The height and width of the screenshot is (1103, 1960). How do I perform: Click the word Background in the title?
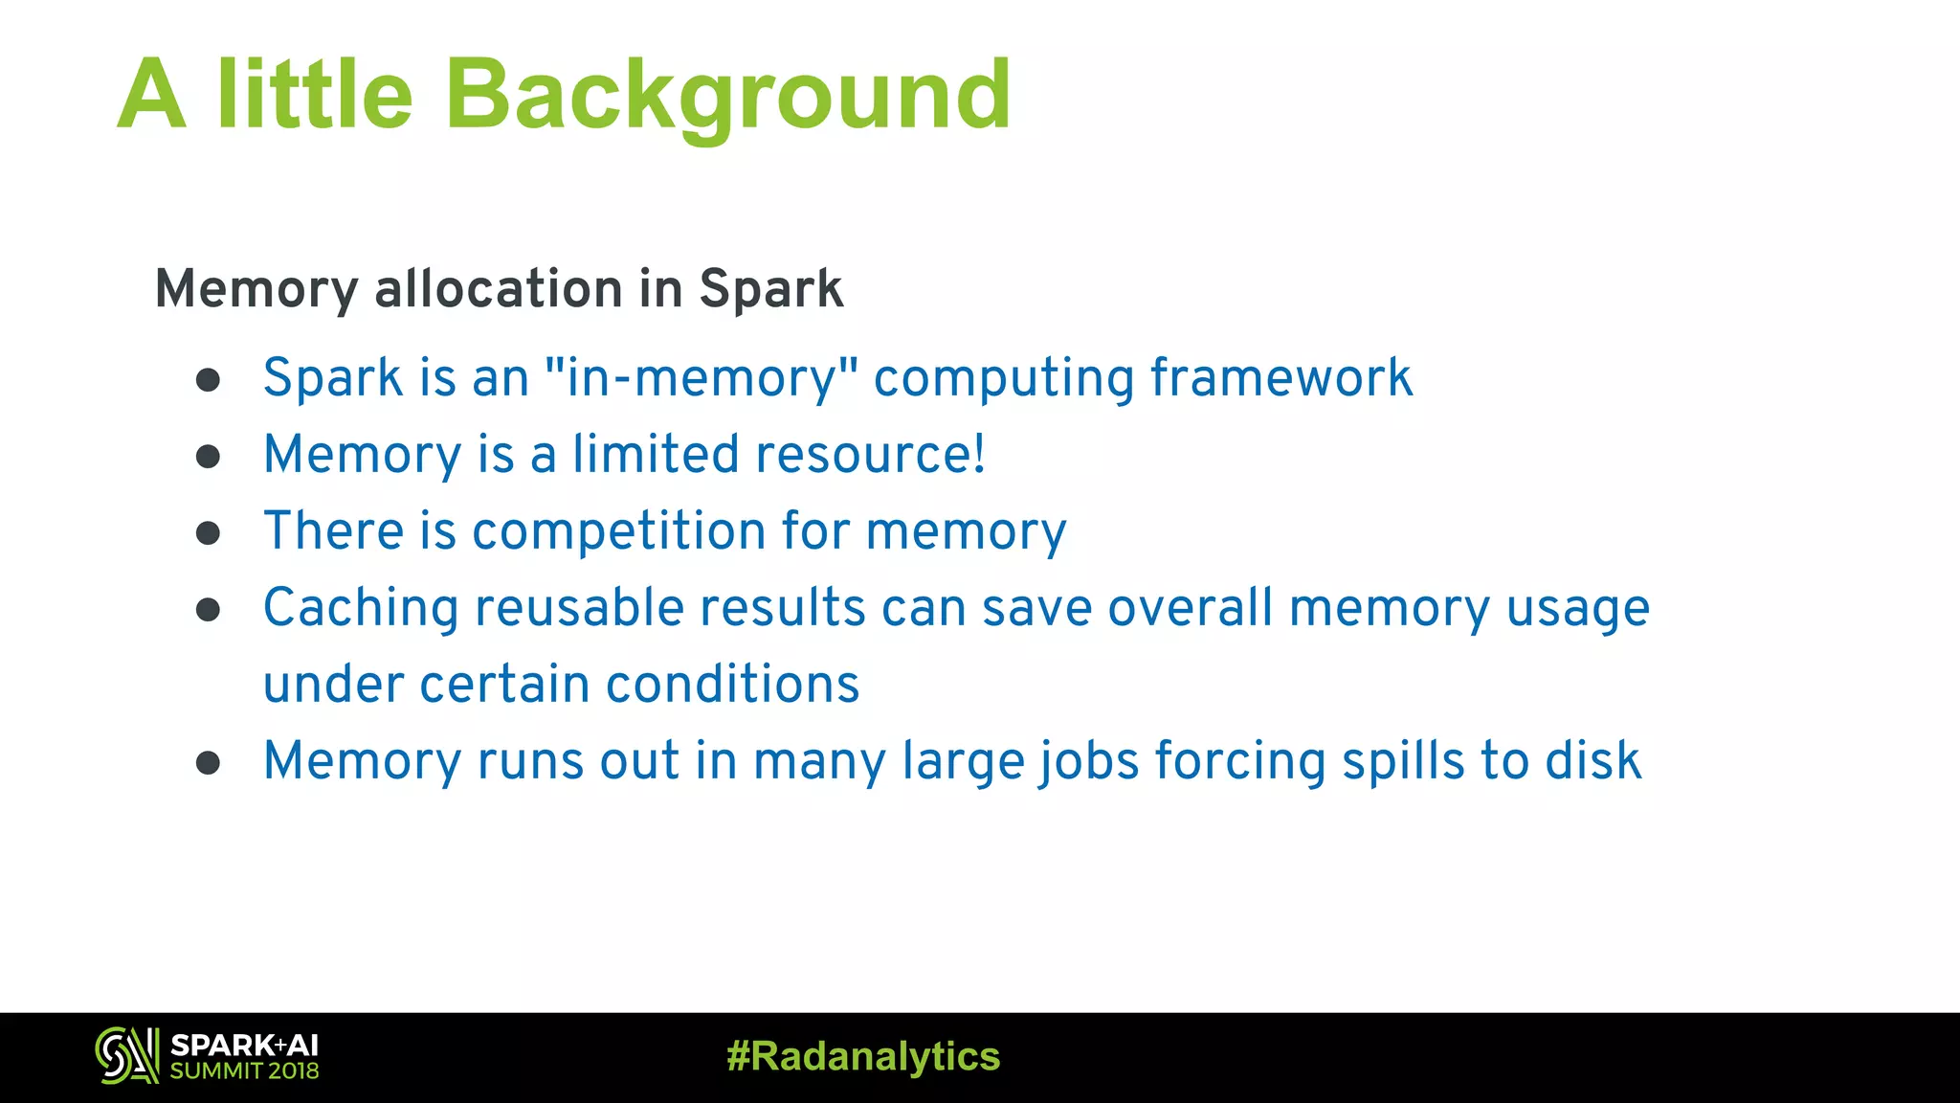coord(727,96)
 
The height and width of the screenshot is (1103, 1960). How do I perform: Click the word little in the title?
coord(315,96)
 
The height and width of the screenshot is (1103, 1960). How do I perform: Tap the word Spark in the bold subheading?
coord(770,288)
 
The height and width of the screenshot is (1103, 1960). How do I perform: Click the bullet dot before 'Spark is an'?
coord(209,380)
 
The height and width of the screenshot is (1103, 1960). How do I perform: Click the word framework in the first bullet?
coord(1281,377)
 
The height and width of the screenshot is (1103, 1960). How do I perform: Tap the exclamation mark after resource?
coord(978,454)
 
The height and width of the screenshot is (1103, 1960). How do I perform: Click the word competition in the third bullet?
coord(618,530)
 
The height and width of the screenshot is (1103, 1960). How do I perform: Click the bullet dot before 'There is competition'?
coord(209,532)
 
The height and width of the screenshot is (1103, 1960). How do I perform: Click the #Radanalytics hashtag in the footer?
coord(863,1056)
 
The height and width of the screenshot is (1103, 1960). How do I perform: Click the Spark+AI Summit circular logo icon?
coord(126,1055)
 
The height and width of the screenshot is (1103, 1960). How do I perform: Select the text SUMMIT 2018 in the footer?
coord(244,1071)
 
